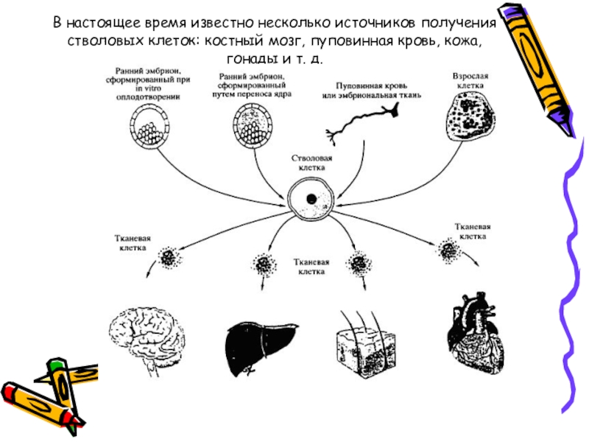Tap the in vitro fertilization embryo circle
click(152, 124)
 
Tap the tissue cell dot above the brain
click(169, 257)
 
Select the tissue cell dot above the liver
click(263, 263)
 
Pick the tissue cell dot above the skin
click(359, 262)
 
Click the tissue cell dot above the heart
click(448, 250)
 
